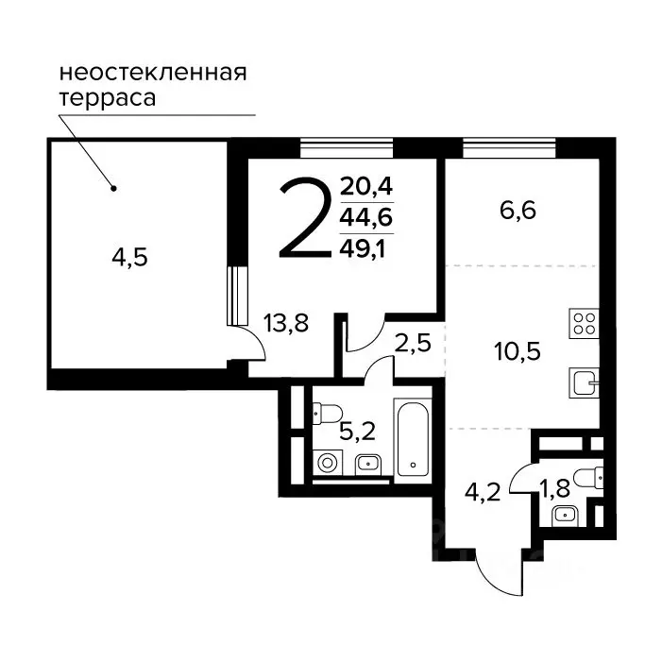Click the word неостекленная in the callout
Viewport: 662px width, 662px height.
[152, 73]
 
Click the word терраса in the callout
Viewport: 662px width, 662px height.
[107, 97]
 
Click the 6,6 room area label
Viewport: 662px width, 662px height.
[518, 211]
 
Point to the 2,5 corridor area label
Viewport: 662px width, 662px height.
[413, 343]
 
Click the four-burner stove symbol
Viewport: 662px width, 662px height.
[584, 324]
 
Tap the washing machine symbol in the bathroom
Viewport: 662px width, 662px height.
[329, 463]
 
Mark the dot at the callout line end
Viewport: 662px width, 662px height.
[113, 187]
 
